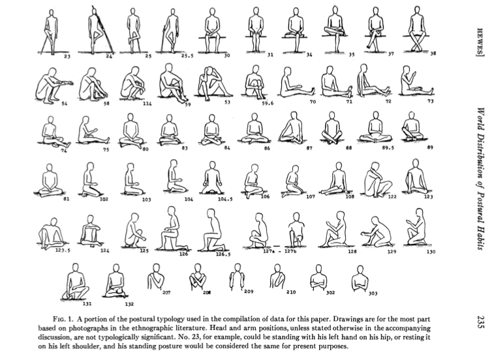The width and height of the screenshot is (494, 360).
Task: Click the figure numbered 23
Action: coord(50,31)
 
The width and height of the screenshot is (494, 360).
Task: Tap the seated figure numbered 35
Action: coord(335,30)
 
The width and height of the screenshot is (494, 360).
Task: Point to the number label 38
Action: coord(433,53)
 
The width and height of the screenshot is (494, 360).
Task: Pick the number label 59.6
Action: coord(268,102)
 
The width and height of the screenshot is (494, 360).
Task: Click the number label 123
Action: coord(429,196)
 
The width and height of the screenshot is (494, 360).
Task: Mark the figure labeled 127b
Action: coord(296,230)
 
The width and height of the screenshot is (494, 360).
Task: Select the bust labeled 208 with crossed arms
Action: coord(198,278)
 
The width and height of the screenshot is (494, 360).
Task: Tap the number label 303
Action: coord(373,293)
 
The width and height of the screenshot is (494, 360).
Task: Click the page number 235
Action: coord(480,323)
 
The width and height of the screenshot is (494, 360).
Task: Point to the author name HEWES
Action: coord(480,42)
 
